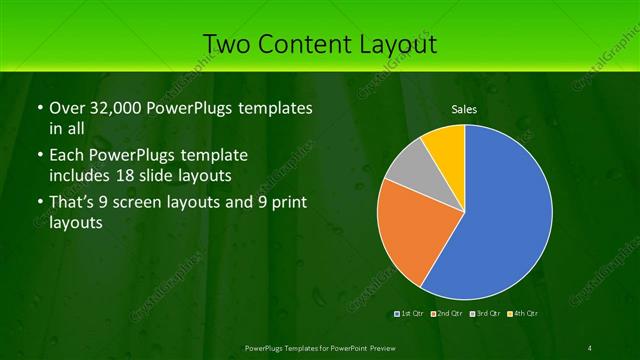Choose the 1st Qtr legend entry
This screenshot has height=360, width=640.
click(x=411, y=314)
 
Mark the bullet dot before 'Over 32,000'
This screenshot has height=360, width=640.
click(x=39, y=108)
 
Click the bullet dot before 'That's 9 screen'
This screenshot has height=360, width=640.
click(x=39, y=204)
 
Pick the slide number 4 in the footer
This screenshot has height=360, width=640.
click(x=590, y=347)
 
